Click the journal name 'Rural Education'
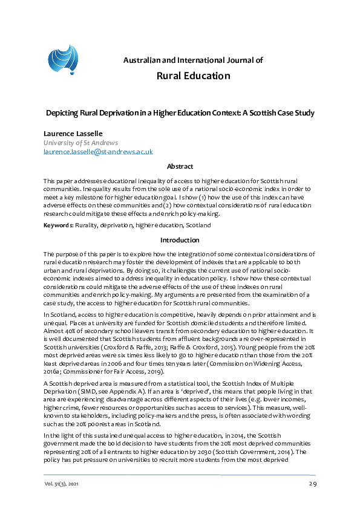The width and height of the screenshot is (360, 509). pos(193,76)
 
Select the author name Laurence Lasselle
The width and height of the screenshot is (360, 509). pos(73,132)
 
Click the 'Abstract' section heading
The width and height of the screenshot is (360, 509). pos(180,166)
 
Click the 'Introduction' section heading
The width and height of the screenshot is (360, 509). pos(180,240)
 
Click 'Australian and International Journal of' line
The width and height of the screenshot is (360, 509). pos(193,60)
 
